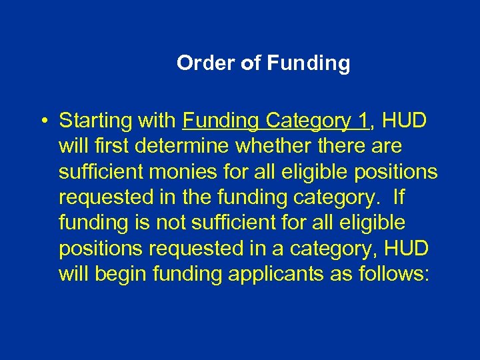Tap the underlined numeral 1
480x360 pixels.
363,121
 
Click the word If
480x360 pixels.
399,197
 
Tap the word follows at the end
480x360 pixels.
396,273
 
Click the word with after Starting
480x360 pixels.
157,121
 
